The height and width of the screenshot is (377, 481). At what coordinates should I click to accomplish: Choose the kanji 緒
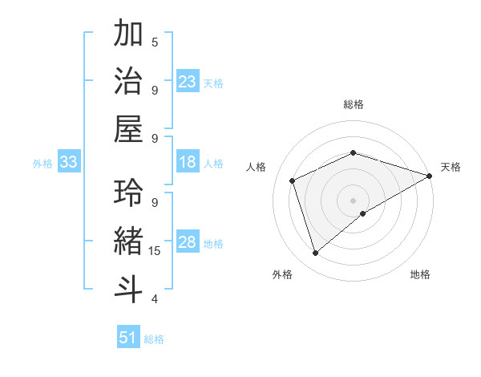point(128,240)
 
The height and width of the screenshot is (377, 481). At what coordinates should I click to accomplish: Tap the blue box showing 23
point(188,81)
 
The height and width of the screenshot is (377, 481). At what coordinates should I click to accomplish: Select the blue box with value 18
point(188,163)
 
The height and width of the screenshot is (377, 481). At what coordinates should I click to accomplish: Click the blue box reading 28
point(188,243)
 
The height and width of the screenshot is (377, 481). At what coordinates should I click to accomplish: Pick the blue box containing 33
point(69,163)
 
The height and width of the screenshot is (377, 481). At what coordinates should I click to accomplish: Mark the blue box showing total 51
point(128,338)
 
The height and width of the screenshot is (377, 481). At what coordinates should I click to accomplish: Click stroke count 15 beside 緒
point(155,251)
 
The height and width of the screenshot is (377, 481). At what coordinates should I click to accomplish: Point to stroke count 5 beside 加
point(155,43)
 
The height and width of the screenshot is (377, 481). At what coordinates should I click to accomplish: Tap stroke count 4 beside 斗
point(155,299)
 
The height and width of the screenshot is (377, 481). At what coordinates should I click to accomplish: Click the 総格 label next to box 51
point(154,339)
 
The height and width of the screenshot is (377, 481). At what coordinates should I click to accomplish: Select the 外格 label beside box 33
point(42,164)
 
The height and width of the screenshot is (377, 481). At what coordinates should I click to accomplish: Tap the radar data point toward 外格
point(315,253)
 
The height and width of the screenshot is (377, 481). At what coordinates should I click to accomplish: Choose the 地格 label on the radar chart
point(420,275)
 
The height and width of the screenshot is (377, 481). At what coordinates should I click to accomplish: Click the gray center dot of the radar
point(353,199)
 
